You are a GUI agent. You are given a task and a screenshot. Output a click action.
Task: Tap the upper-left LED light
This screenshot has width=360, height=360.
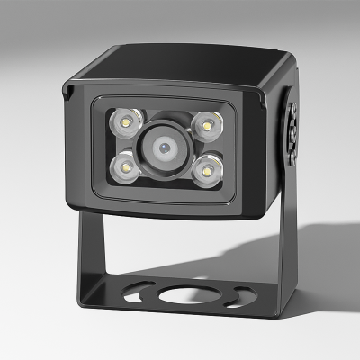[123, 121]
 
